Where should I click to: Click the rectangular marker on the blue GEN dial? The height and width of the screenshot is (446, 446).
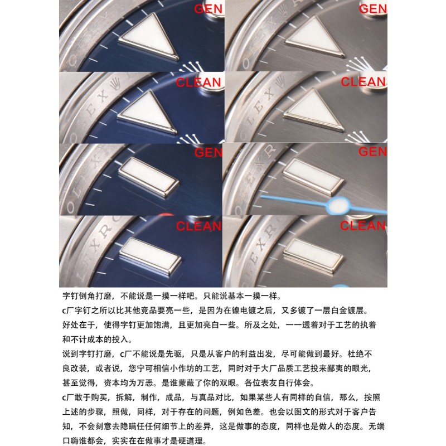click(149, 177)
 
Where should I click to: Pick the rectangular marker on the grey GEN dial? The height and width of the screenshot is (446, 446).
click(313, 176)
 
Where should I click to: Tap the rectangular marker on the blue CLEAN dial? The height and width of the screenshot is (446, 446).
click(151, 256)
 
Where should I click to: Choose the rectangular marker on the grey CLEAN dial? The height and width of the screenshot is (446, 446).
click(314, 256)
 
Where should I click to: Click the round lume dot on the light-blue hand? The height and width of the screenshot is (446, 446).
click(339, 205)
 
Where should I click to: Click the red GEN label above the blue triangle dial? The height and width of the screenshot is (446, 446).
click(209, 9)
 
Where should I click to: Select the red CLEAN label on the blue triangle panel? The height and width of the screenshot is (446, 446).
click(198, 83)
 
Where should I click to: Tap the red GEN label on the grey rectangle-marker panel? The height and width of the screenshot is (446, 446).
click(372, 152)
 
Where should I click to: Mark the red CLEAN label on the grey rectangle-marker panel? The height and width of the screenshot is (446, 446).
click(363, 226)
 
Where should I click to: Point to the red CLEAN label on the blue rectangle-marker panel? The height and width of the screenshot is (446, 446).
click(198, 226)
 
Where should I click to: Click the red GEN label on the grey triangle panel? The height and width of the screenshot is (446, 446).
click(373, 9)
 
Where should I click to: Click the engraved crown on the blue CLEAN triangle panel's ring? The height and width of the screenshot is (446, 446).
click(115, 84)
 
